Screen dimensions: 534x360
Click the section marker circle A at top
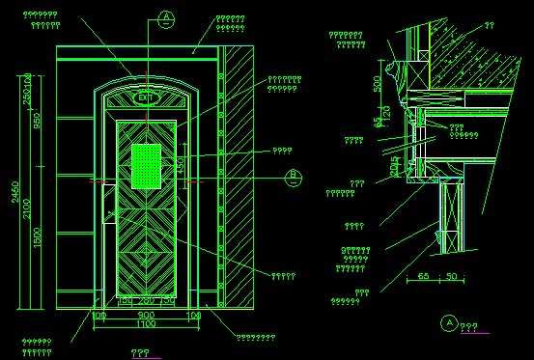[x=166, y=17]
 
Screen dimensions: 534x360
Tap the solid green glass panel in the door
[x=147, y=165]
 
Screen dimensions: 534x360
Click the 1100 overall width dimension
[x=145, y=325]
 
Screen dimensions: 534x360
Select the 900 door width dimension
[x=146, y=315]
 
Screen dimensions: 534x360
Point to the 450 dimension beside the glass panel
[x=179, y=166]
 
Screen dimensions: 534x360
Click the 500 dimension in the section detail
[x=377, y=82]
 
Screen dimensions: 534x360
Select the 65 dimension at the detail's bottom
[x=423, y=277]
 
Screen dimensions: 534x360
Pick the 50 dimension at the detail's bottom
[x=450, y=277]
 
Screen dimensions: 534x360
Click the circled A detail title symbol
[x=447, y=322]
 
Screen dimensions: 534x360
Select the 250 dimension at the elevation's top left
[x=27, y=92]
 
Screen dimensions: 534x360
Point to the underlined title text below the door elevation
[x=141, y=352]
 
